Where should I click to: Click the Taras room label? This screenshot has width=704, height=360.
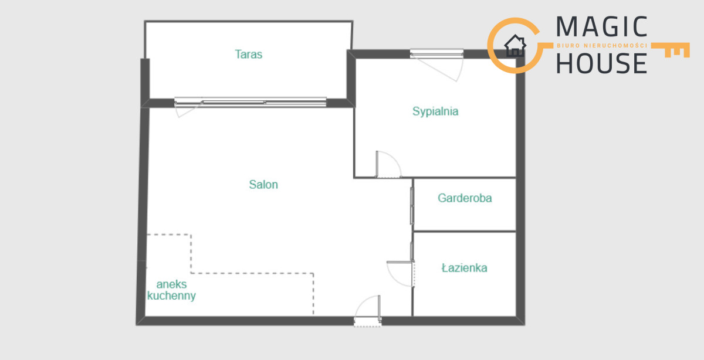click(248, 55)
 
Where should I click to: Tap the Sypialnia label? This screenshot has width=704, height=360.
click(435, 111)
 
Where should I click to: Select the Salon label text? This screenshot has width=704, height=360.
click(263, 185)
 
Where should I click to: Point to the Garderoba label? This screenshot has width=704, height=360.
click(465, 198)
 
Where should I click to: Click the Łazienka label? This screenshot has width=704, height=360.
click(464, 267)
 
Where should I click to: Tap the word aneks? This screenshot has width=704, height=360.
click(171, 284)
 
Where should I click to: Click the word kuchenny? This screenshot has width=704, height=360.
click(171, 296)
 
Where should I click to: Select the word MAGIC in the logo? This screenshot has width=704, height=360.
click(601, 27)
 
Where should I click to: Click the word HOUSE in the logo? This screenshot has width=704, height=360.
click(601, 63)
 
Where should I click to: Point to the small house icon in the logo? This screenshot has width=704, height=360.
click(515, 46)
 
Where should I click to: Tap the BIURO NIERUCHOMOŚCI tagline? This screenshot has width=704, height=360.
click(602, 46)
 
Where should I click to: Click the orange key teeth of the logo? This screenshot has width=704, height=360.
click(676, 50)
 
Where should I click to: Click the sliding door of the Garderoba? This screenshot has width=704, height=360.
click(412, 206)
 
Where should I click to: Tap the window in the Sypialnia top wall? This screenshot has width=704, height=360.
click(436, 54)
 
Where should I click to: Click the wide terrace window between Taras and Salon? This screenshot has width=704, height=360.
click(251, 102)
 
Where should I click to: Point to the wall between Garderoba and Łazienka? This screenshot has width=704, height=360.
click(465, 232)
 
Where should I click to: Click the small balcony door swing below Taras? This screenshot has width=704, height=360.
click(187, 111)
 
